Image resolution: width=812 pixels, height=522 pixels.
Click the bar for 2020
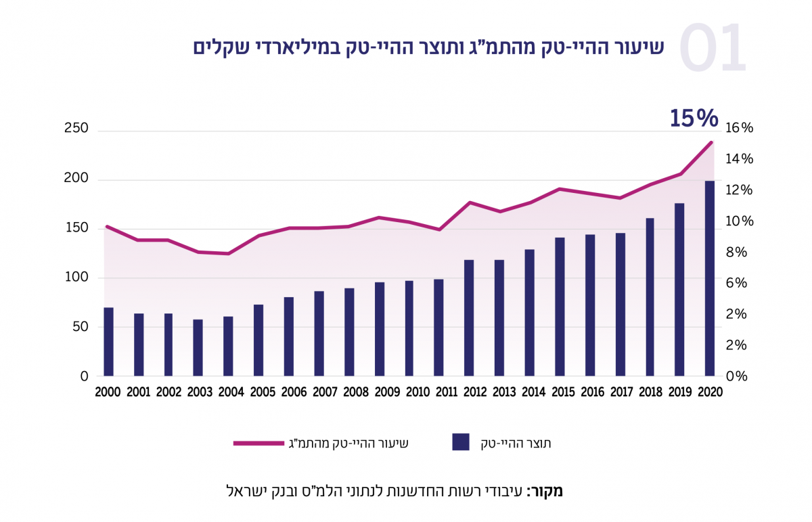710,278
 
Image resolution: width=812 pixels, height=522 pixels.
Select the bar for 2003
198,347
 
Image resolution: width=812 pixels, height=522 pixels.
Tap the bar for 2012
469,318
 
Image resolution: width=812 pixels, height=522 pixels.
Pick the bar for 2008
348,332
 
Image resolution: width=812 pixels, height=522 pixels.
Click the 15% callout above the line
693,118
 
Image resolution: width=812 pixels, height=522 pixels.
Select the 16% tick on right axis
738,128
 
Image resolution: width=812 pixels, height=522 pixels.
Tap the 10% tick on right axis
738,221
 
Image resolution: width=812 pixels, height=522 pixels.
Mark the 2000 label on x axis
108,393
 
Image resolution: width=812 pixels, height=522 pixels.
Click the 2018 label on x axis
650,393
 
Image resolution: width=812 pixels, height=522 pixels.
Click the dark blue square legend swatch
461,443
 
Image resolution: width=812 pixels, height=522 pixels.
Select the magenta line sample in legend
258,443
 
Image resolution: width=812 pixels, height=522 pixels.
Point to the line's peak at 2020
711,142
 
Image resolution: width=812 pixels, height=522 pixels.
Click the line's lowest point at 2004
228,254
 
